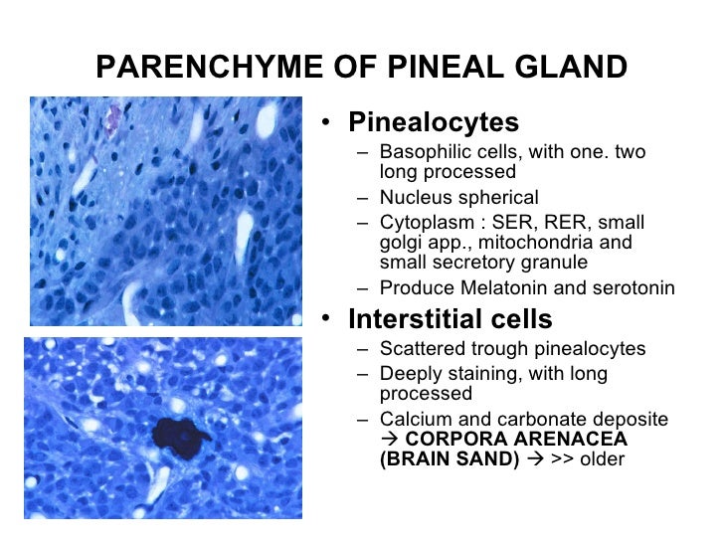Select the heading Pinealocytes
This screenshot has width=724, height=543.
click(x=433, y=122)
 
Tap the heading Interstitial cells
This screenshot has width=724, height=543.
click(x=450, y=320)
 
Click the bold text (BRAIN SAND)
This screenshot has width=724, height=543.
click(x=449, y=459)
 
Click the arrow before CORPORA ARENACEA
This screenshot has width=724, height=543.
click(x=388, y=440)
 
